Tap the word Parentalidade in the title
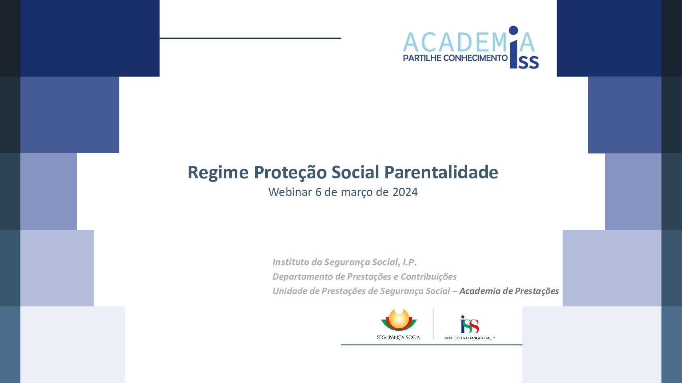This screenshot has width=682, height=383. (x=441, y=172)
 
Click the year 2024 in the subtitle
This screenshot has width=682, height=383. (x=405, y=192)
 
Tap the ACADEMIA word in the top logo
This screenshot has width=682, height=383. (x=469, y=43)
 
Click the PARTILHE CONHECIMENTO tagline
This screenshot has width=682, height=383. (x=455, y=58)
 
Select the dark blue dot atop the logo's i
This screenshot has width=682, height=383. (x=513, y=30)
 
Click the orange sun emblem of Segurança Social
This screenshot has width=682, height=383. (x=399, y=319)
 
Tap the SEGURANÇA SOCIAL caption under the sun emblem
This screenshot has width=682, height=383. (x=399, y=338)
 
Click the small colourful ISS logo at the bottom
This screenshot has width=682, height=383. (x=469, y=324)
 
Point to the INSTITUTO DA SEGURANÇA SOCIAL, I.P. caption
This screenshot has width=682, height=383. (x=469, y=338)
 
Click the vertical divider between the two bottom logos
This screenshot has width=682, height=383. (x=434, y=324)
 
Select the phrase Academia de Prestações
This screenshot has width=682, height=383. (x=509, y=291)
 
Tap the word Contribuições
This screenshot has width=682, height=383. (x=429, y=276)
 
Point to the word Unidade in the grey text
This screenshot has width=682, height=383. (x=290, y=291)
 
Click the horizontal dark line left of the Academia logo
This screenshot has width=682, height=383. (x=250, y=38)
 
